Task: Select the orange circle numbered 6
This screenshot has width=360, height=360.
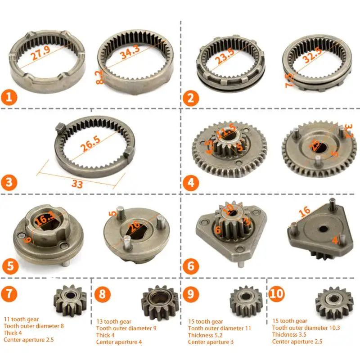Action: coord(191,266)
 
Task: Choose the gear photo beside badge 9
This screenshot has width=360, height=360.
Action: coord(246,301)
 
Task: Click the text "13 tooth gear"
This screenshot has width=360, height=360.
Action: coord(114,322)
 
